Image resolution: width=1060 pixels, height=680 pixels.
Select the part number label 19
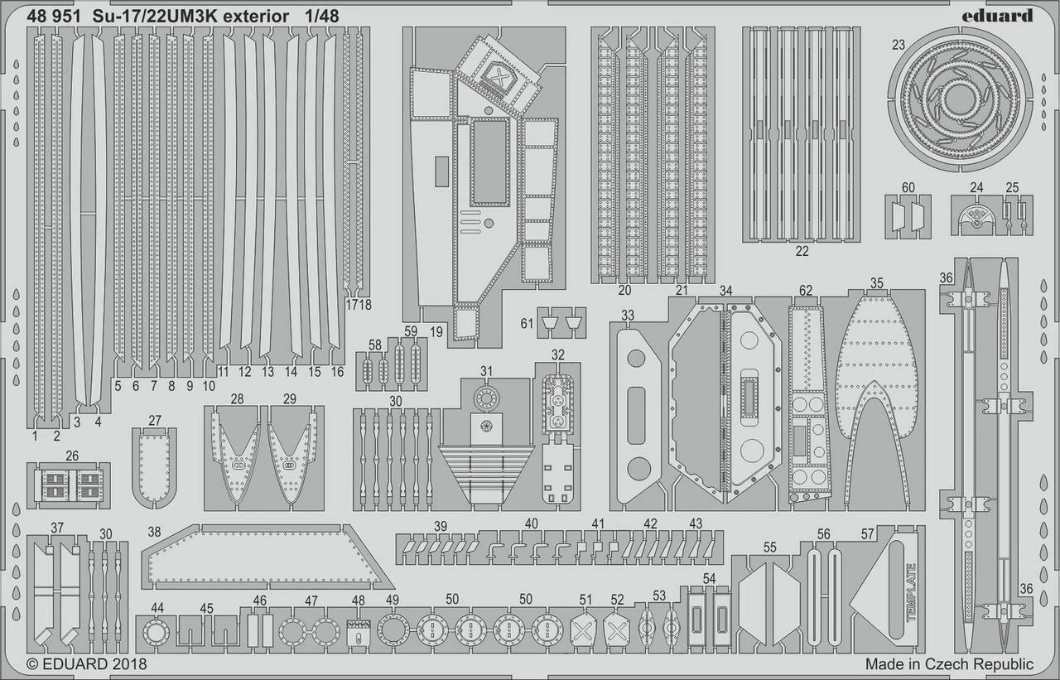pyautogui.click(x=436, y=330)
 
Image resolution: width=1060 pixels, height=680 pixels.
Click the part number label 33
pyautogui.click(x=628, y=316)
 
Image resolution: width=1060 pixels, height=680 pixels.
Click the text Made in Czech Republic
pyautogui.click(x=949, y=664)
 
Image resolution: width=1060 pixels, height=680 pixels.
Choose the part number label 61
pyautogui.click(x=528, y=323)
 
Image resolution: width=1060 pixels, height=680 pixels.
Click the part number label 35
pyautogui.click(x=876, y=283)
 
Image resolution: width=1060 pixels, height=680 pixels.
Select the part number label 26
pyautogui.click(x=72, y=456)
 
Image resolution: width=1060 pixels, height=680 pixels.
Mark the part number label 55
pyautogui.click(x=770, y=547)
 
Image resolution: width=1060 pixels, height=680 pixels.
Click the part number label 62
pyautogui.click(x=806, y=291)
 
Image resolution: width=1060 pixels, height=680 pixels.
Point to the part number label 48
pyautogui.click(x=358, y=600)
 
